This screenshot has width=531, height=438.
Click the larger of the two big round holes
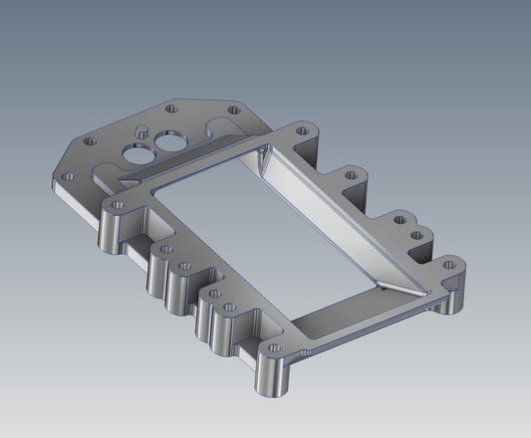click(133, 152)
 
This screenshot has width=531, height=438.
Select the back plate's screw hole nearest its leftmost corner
click(69, 176)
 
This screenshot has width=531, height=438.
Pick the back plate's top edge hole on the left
click(171, 107)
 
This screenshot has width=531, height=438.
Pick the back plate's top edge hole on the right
click(234, 109)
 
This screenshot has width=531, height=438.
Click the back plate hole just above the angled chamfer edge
click(92, 141)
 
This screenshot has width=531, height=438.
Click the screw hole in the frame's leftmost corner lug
click(118, 205)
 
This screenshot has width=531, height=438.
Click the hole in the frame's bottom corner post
click(272, 349)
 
